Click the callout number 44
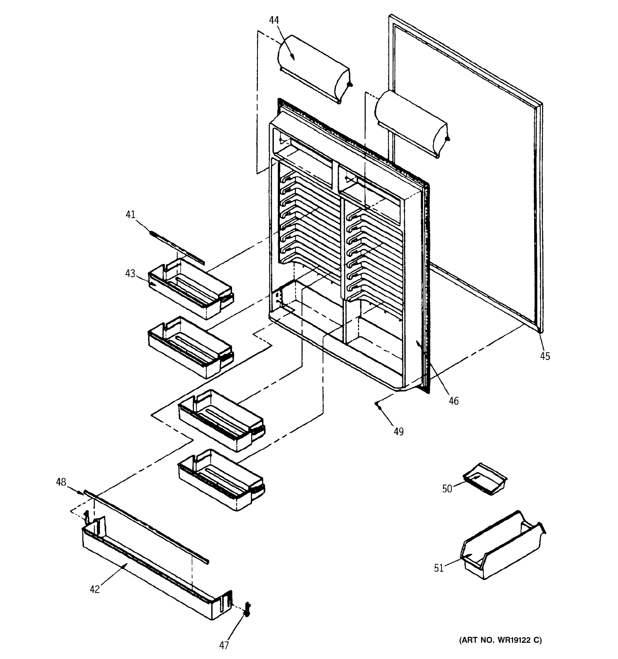click(274, 20)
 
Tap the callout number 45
click(545, 356)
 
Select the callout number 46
click(453, 401)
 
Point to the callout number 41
click(130, 214)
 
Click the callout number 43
click(130, 273)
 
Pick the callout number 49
click(399, 432)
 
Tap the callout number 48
click(61, 482)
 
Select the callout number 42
click(94, 589)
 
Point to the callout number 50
click(447, 488)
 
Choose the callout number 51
click(439, 568)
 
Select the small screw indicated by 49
click(378, 404)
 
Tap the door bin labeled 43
click(191, 292)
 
